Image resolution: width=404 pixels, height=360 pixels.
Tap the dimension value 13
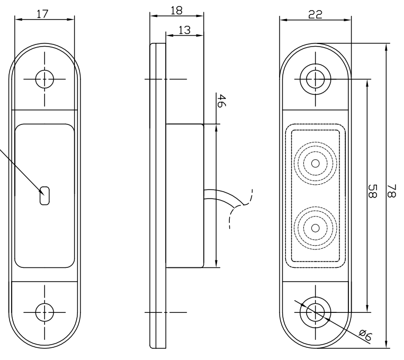184,31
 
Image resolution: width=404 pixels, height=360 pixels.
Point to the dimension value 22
316,14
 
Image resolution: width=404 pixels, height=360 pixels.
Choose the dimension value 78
393,192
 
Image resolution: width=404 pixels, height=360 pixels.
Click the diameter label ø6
365,335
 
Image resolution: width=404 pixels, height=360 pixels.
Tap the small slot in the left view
44,195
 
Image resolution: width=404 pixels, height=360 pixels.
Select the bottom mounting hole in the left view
44,312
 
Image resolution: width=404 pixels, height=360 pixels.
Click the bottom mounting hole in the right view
316,312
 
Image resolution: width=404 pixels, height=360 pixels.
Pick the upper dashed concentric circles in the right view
316,163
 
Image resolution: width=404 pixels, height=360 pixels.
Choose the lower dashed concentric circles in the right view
316,228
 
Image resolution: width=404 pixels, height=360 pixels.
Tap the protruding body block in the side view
185,195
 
